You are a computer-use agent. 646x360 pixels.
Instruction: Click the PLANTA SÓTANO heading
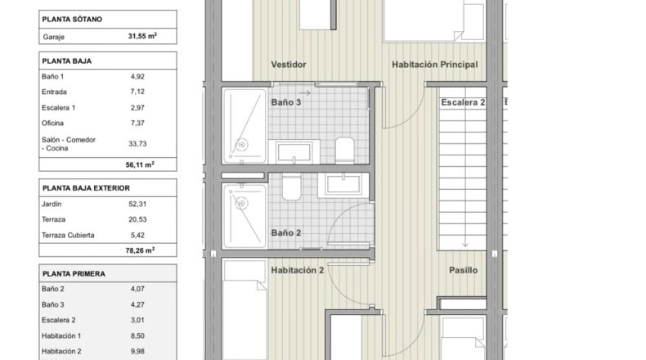(x=72, y=20)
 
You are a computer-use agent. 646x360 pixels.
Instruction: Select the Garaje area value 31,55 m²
(x=142, y=36)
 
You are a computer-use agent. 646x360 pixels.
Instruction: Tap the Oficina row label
(x=52, y=123)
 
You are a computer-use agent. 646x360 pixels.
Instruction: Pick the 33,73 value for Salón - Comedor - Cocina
(x=137, y=143)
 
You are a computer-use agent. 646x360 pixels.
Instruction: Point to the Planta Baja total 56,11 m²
(x=140, y=164)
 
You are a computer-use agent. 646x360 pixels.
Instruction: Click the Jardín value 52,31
(x=137, y=204)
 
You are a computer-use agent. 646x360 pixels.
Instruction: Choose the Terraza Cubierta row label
(x=68, y=235)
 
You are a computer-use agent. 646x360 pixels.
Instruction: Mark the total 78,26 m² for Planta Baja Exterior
(x=140, y=250)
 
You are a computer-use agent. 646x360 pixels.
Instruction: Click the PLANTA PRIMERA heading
(x=74, y=274)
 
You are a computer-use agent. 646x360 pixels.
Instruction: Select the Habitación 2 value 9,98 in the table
(x=137, y=351)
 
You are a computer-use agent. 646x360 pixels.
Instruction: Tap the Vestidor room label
(x=289, y=65)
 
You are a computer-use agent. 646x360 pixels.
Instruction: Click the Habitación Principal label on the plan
(x=435, y=65)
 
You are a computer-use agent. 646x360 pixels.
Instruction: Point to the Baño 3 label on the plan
(x=286, y=102)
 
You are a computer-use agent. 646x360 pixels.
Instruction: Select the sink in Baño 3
(x=294, y=151)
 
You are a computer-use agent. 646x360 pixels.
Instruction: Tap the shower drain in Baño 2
(x=242, y=203)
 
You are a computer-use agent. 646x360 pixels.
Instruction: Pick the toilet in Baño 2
(x=292, y=187)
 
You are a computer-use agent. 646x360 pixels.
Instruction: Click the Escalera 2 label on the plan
(x=463, y=102)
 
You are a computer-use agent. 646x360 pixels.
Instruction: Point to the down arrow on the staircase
(x=465, y=241)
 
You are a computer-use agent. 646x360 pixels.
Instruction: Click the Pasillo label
(x=463, y=270)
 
